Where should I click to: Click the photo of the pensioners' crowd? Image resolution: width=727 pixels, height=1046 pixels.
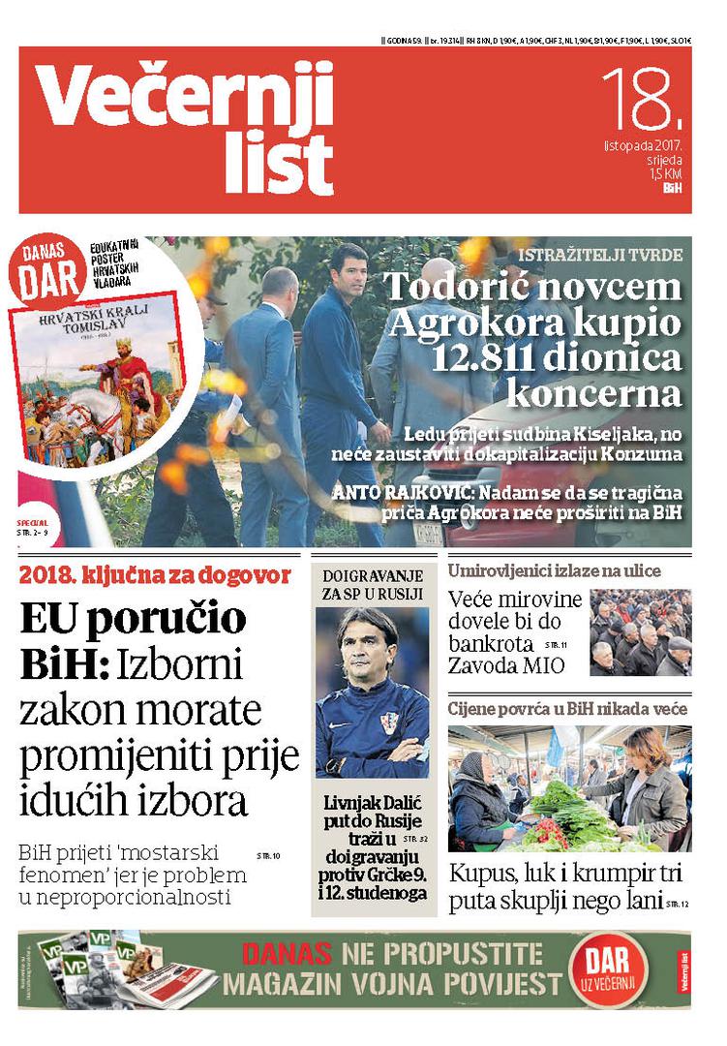(640, 632)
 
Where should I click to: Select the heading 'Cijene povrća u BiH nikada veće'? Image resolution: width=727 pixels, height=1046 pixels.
(567, 709)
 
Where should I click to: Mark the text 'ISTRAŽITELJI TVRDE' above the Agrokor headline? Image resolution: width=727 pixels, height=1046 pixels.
(600, 256)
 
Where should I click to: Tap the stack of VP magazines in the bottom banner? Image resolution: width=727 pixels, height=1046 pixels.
(106, 969)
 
